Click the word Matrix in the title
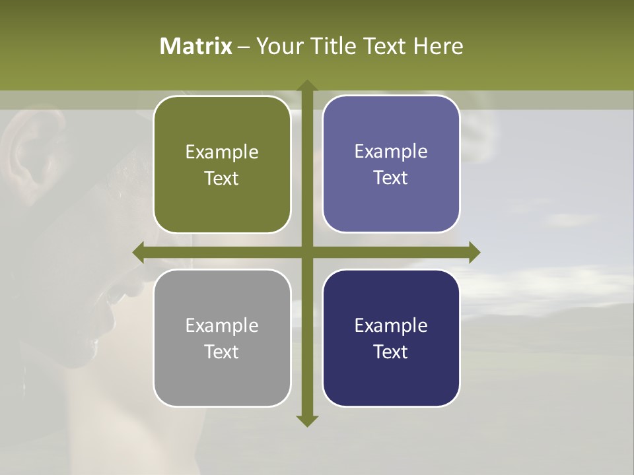tap(196, 46)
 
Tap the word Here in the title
tap(439, 46)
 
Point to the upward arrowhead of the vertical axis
tap(306, 85)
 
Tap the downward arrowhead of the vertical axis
tap(306, 421)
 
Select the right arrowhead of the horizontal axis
tap(474, 253)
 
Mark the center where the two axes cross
tap(306, 253)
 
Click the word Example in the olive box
tap(222, 152)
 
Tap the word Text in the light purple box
tap(391, 178)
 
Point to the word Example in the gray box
tap(222, 325)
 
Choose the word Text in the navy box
tap(391, 352)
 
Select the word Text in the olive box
tap(222, 179)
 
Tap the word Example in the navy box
tap(391, 325)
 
